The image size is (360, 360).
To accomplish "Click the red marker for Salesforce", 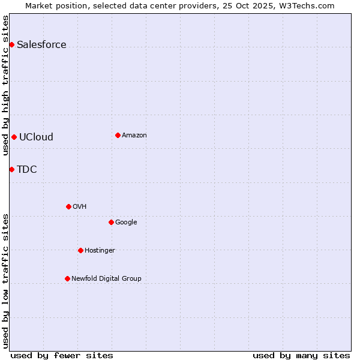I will pos(11,44).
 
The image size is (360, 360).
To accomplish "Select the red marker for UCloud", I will pos(14,137).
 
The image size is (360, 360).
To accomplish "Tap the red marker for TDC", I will pos(11,169).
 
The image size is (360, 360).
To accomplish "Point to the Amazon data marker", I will pos(118,135).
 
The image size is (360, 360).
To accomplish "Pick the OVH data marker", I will pos(68,206).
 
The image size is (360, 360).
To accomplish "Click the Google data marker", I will pos(111,222).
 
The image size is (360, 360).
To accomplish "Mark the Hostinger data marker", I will pos(80,250).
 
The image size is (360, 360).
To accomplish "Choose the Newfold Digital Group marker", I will pos(67,278).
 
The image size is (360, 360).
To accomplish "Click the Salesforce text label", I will pos(41,45).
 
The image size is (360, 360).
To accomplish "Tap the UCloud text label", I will pos(36,137).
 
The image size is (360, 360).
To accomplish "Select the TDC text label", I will pos(26,169).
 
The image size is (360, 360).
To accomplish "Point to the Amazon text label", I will pos(134,136).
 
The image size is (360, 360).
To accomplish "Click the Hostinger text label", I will pos(100,251).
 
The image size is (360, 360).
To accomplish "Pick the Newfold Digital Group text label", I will pos(106,278).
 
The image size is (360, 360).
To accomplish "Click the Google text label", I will pos(126,223).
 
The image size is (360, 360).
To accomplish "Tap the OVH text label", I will pos(80,207).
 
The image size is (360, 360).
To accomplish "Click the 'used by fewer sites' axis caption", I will pos(62,355).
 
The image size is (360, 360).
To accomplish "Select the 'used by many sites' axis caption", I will pos(301,355).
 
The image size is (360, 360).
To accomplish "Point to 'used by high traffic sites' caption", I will pos(6,85).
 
